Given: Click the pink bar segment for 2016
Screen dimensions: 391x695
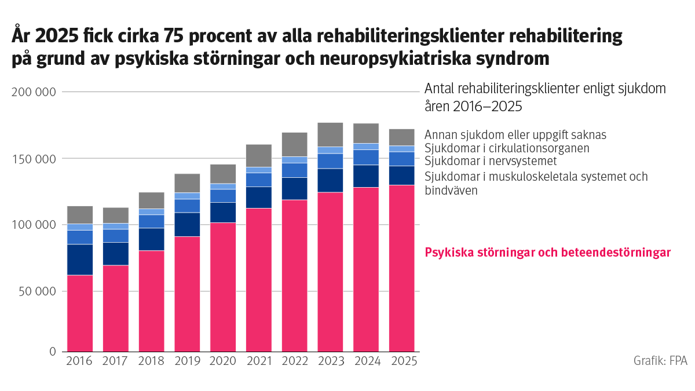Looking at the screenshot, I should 80,313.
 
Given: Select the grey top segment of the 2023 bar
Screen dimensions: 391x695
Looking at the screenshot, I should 331,134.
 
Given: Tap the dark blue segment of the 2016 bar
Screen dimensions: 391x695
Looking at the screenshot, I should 80,260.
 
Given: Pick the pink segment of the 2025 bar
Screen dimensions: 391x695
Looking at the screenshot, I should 401,268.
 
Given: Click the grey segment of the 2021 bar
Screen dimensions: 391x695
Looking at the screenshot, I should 259,155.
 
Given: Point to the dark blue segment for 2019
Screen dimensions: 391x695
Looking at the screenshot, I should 187,224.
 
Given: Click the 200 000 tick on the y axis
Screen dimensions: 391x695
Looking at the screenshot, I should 35,92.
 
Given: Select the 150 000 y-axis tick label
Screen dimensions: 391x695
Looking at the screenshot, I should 35,159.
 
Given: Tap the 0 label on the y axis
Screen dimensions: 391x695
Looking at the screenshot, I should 52,352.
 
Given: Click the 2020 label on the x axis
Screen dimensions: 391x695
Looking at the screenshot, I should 223,361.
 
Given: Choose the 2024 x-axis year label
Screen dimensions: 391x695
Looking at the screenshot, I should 366,361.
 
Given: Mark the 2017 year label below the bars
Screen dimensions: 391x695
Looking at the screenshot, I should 116,361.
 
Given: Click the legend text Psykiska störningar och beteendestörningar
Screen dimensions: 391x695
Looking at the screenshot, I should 547,253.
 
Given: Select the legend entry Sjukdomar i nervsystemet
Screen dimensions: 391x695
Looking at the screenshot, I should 491,161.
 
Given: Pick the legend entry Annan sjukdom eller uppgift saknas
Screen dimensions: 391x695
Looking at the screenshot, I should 515,134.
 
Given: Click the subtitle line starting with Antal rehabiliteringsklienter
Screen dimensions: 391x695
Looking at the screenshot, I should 545,89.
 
